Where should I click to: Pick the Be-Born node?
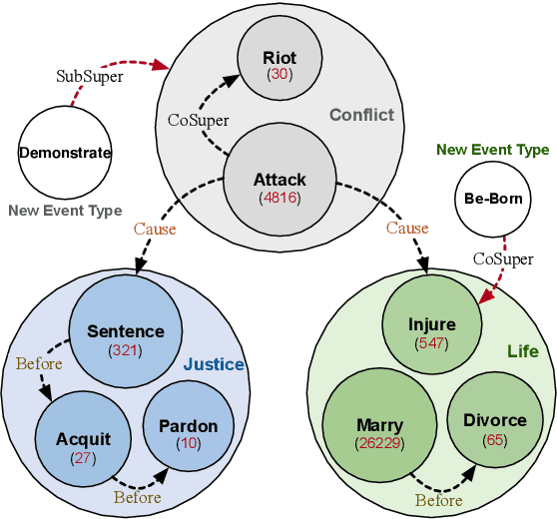[x=493, y=198]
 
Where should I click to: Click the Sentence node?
[x=125, y=338]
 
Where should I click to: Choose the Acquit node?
[x=83, y=446]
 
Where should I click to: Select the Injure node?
[x=431, y=331]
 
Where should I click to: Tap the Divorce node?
[x=494, y=427]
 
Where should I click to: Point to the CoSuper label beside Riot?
[x=199, y=120]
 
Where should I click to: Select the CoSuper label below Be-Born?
[x=503, y=259]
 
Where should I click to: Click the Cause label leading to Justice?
[x=155, y=229]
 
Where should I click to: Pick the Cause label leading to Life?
[x=407, y=229]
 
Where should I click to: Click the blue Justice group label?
[x=214, y=364]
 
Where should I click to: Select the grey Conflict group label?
[x=361, y=115]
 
